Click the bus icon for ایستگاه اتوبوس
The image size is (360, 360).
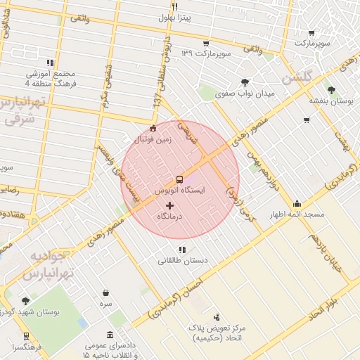pos(179,179)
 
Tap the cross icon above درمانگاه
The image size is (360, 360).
pos(169,205)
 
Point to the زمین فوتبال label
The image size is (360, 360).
pos(153,139)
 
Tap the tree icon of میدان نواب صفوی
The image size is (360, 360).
pos(244,82)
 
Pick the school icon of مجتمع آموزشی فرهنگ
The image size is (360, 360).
pos(49,63)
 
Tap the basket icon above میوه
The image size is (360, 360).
pos(105,292)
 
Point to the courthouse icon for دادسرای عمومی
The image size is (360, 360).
pos(110,335)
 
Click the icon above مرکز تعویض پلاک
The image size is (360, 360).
pos(216,317)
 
